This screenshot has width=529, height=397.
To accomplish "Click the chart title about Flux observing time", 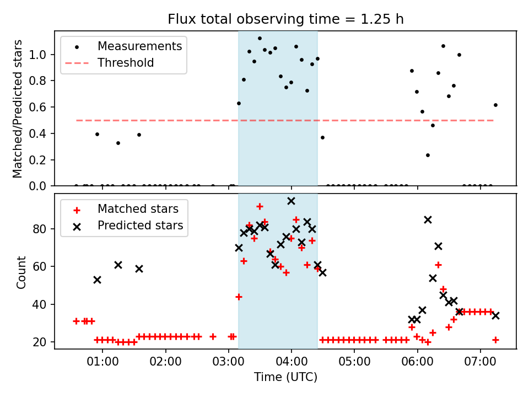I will point(285,19).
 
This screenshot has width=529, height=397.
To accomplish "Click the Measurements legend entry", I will point(139,46).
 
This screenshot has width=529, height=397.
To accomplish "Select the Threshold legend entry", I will point(126,63).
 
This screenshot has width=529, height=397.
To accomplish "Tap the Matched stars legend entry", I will point(138,209).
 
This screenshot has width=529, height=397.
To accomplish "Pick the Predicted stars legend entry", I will point(140,226).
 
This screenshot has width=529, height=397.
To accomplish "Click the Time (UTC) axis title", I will point(285,377).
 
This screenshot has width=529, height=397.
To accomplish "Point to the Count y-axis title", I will point(21,272).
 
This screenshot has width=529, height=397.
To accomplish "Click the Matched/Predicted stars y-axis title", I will point(18,109).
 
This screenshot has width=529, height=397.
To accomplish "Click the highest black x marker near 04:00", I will point(291,201).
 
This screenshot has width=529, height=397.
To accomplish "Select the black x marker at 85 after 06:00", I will point(428,219).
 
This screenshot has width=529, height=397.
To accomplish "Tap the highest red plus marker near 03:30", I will point(260,206).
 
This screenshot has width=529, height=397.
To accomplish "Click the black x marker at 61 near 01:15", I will point(118,265).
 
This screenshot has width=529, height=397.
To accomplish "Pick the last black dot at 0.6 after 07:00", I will point(495,105).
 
